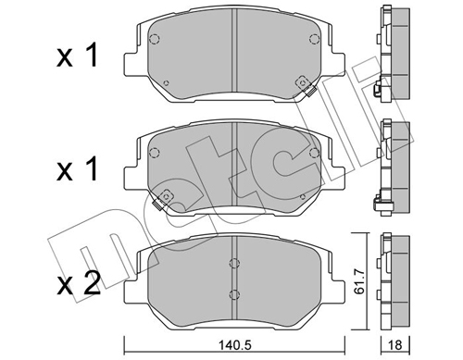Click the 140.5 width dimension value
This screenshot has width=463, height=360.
[234, 345]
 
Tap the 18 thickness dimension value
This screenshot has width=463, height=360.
[395, 345]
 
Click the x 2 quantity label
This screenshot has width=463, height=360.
[79, 283]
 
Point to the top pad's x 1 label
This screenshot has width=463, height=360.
[77, 56]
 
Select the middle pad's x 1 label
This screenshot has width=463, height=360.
[77, 168]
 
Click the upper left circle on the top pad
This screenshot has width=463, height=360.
[154, 39]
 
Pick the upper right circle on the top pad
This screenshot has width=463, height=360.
[314, 39]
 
